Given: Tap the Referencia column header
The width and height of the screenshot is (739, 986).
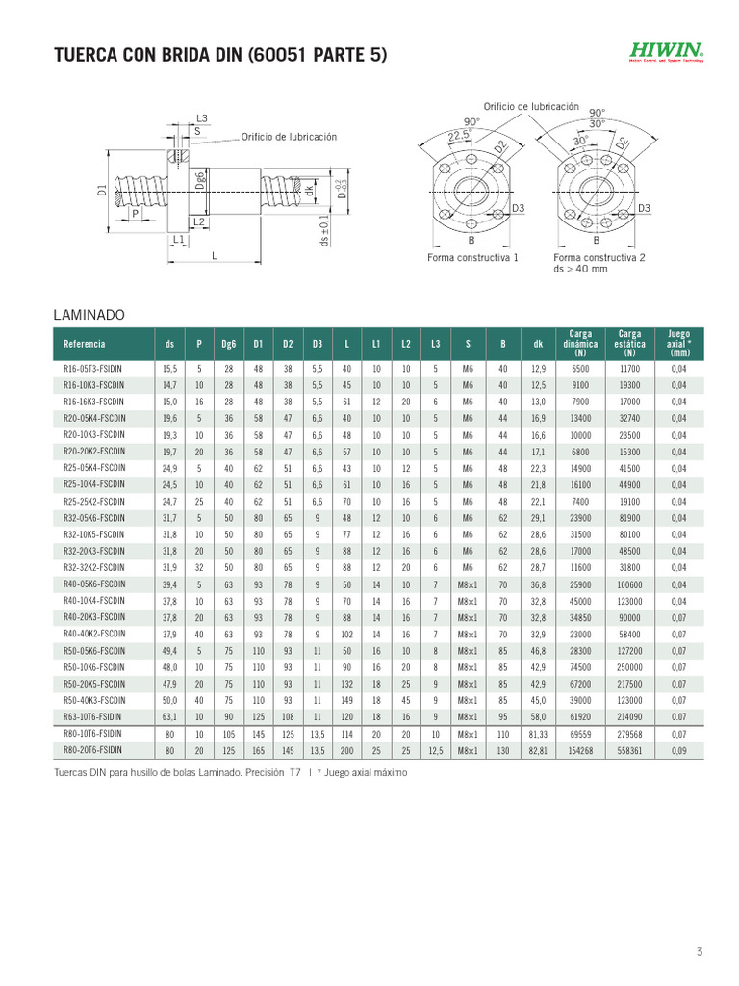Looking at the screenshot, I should (85, 344).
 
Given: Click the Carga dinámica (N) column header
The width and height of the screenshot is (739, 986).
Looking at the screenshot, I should (580, 344).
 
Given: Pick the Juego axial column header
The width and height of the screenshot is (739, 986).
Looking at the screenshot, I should (678, 344).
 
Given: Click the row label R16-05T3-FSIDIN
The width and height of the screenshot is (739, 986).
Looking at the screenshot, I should (92, 369).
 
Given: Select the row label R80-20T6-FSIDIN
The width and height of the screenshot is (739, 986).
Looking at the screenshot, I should (92, 749).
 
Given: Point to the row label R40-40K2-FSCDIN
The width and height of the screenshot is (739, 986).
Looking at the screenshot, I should (93, 634).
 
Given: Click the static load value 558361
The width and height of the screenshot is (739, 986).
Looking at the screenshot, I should (630, 749).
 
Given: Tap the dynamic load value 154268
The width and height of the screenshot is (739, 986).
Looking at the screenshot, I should (580, 749).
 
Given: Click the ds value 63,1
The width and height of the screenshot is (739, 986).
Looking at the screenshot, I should (169, 716).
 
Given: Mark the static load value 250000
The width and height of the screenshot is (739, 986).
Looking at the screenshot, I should (630, 666).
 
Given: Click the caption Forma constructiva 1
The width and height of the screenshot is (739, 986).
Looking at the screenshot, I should (472, 258).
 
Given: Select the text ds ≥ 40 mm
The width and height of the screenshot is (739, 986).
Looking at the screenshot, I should (580, 270).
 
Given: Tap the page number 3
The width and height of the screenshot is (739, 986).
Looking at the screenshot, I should (700, 953).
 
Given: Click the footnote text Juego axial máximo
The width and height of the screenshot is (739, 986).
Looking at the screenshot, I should (355, 773).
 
